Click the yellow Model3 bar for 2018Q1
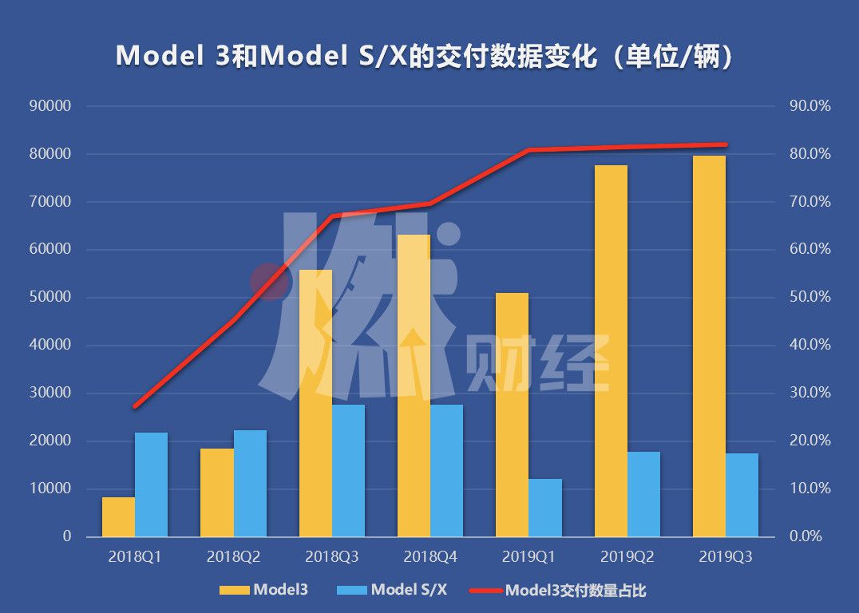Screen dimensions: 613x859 point(118,516)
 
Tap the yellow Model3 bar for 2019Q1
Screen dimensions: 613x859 point(512,414)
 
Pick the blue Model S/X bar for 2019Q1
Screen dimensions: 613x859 point(545,508)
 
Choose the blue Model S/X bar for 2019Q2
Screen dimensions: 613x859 point(643,494)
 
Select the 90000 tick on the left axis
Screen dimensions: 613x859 point(50,106)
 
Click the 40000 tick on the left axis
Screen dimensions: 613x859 point(50,346)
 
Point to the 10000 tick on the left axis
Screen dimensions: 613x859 point(50,488)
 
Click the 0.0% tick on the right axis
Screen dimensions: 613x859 point(806,536)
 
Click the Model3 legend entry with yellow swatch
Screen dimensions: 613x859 point(263,591)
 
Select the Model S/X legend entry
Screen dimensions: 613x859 point(391,591)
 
